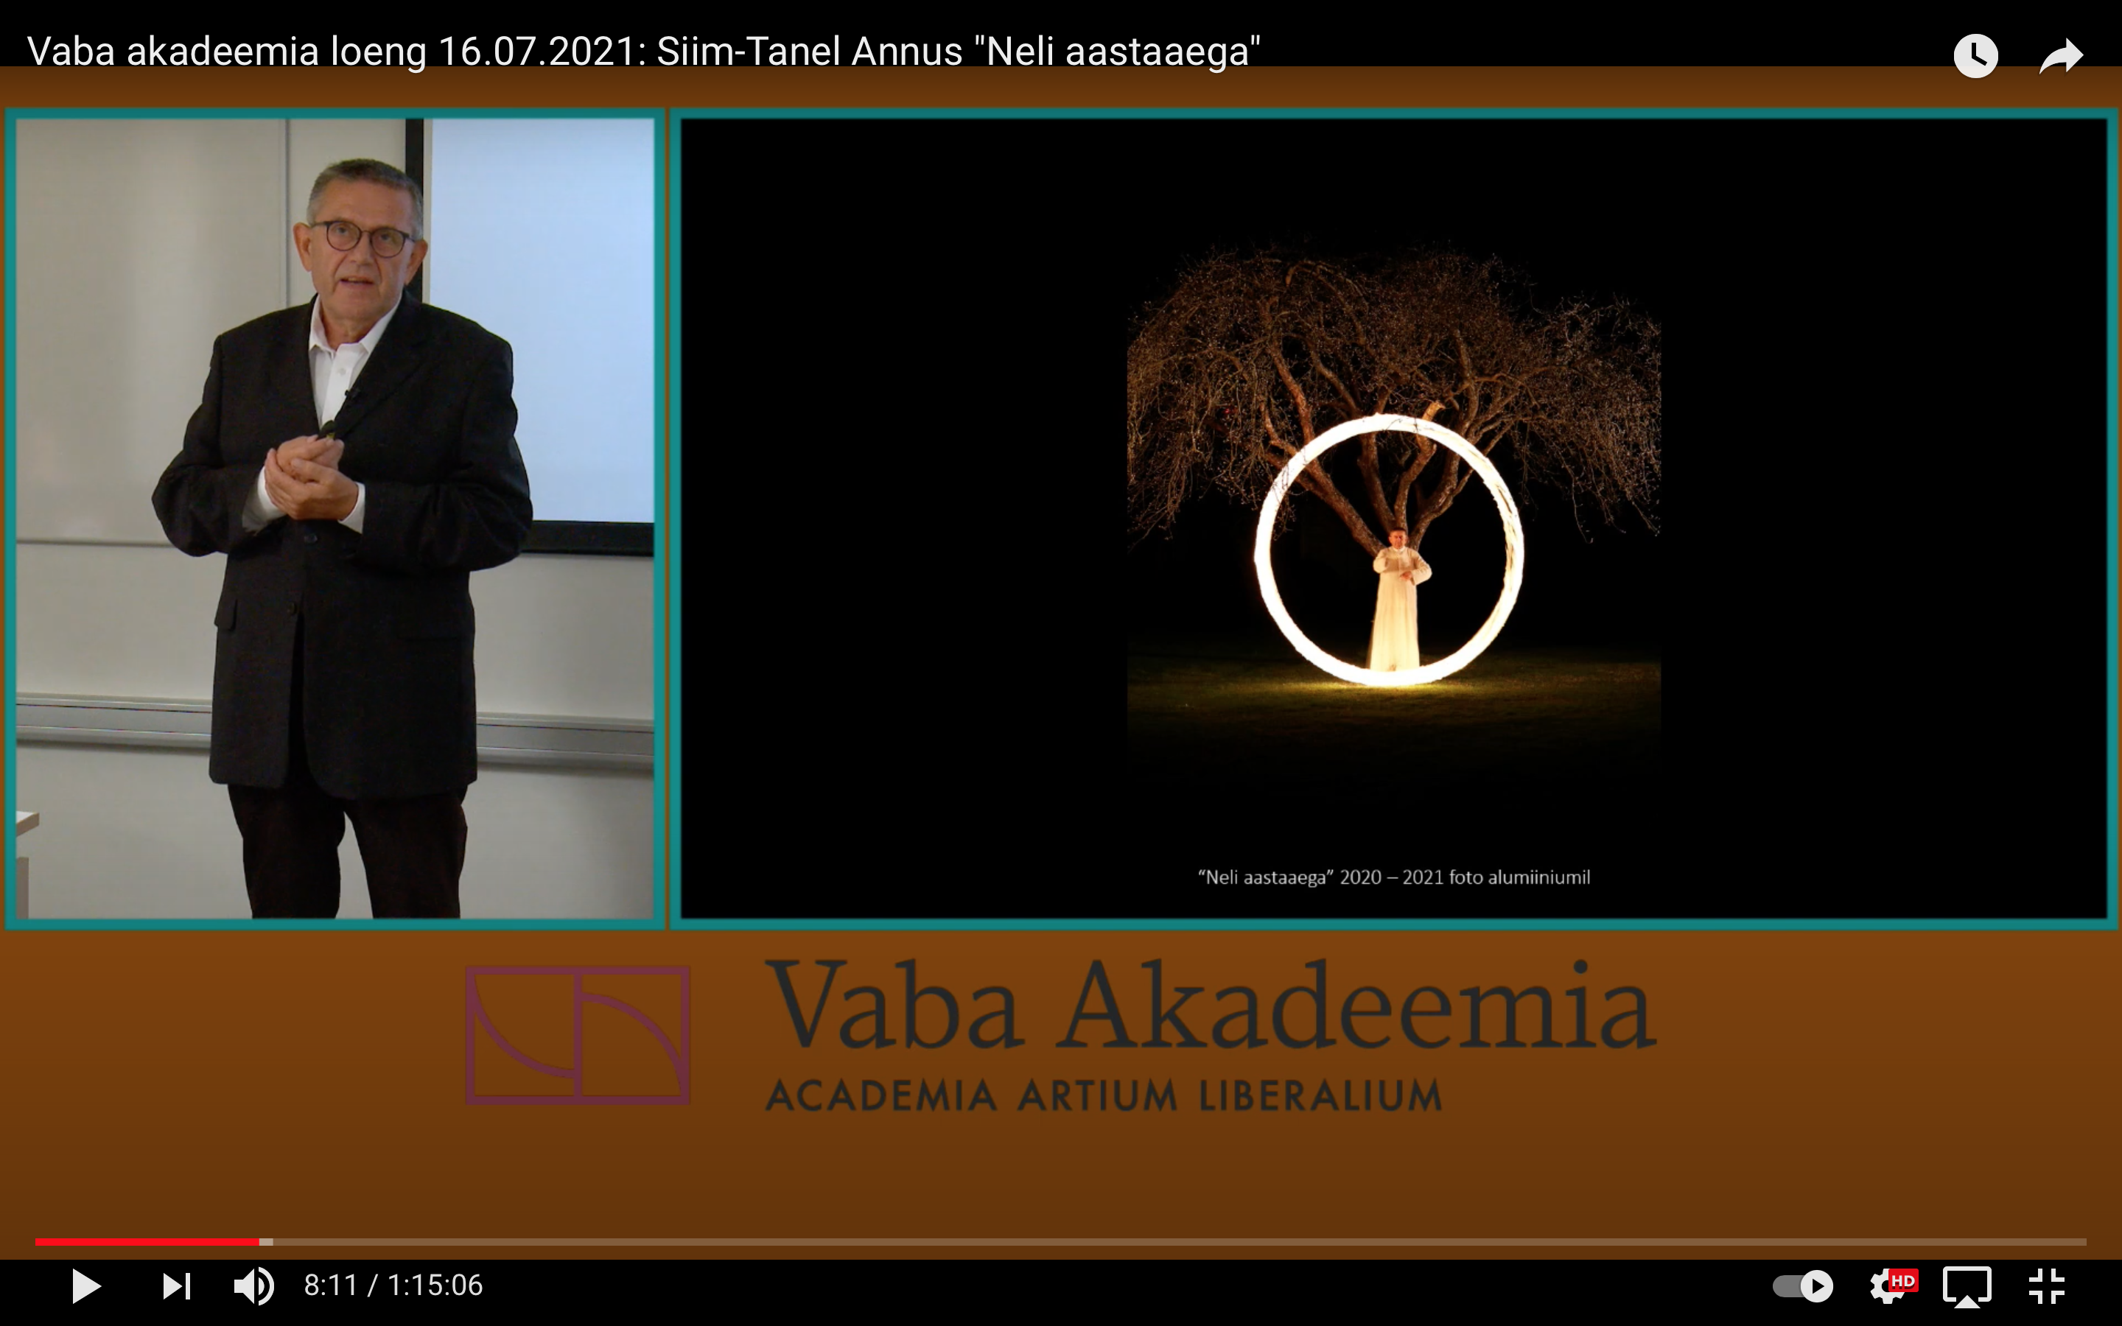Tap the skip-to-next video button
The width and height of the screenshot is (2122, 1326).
click(x=176, y=1285)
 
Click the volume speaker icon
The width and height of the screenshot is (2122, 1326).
click(x=254, y=1285)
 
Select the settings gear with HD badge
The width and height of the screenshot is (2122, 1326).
click(x=1892, y=1285)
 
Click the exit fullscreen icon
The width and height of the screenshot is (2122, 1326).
click(x=2047, y=1286)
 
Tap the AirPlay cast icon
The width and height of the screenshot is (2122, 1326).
click(x=1967, y=1286)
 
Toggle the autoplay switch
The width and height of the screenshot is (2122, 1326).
click(x=1803, y=1286)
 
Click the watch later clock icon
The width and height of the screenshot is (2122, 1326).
click(x=1975, y=56)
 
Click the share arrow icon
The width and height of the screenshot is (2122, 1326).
click(x=2061, y=56)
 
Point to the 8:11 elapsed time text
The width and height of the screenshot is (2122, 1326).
click(x=331, y=1285)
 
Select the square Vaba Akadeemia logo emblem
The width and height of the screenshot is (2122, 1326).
click(x=578, y=1035)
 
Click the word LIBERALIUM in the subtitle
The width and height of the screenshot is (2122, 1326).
click(x=1320, y=1095)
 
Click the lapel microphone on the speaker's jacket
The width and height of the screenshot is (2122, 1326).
click(x=350, y=396)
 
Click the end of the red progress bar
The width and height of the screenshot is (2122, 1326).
click(x=259, y=1242)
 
